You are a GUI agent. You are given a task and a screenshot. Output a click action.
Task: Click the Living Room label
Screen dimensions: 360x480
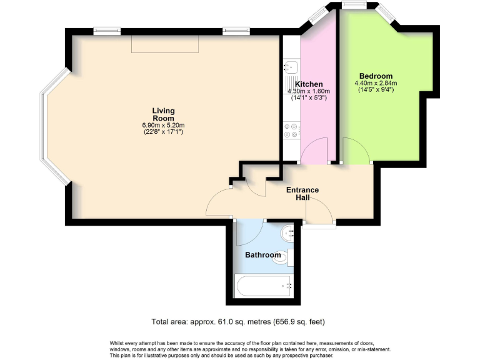[163, 114]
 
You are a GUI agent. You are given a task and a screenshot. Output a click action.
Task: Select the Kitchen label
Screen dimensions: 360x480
[309, 84]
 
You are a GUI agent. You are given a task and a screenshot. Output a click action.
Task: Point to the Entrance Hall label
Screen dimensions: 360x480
[302, 194]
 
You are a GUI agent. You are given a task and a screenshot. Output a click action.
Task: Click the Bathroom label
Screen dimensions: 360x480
[262, 255]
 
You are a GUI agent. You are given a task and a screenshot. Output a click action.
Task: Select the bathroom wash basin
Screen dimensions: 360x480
[289, 232]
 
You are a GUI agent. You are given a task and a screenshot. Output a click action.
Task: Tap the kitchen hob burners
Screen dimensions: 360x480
[291, 130]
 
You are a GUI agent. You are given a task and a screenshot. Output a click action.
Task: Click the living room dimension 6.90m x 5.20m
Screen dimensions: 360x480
[163, 124]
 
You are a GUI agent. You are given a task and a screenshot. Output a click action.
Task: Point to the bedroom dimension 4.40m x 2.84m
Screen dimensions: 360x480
[376, 83]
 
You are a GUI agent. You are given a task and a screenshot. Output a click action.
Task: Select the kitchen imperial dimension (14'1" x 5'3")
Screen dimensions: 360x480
[309, 98]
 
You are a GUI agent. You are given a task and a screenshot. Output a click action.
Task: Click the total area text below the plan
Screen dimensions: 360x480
[238, 322]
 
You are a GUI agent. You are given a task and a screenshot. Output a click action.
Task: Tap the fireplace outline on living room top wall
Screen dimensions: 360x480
[165, 44]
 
